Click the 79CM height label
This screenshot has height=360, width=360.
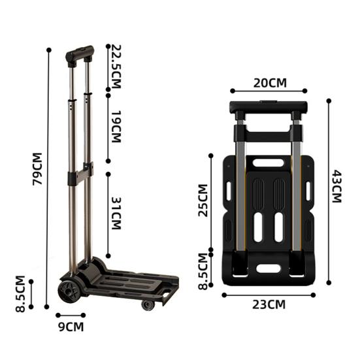(37, 169)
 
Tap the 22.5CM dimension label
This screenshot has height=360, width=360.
(116, 67)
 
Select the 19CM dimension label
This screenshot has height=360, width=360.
(116, 127)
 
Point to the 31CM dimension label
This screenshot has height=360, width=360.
(116, 213)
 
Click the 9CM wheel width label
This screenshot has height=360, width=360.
(71, 327)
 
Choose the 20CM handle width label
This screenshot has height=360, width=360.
(270, 83)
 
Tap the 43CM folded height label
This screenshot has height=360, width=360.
(337, 186)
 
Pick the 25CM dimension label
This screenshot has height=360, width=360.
(203, 201)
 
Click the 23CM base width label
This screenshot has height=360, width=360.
(269, 304)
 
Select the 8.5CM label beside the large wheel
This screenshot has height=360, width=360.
(20, 293)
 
